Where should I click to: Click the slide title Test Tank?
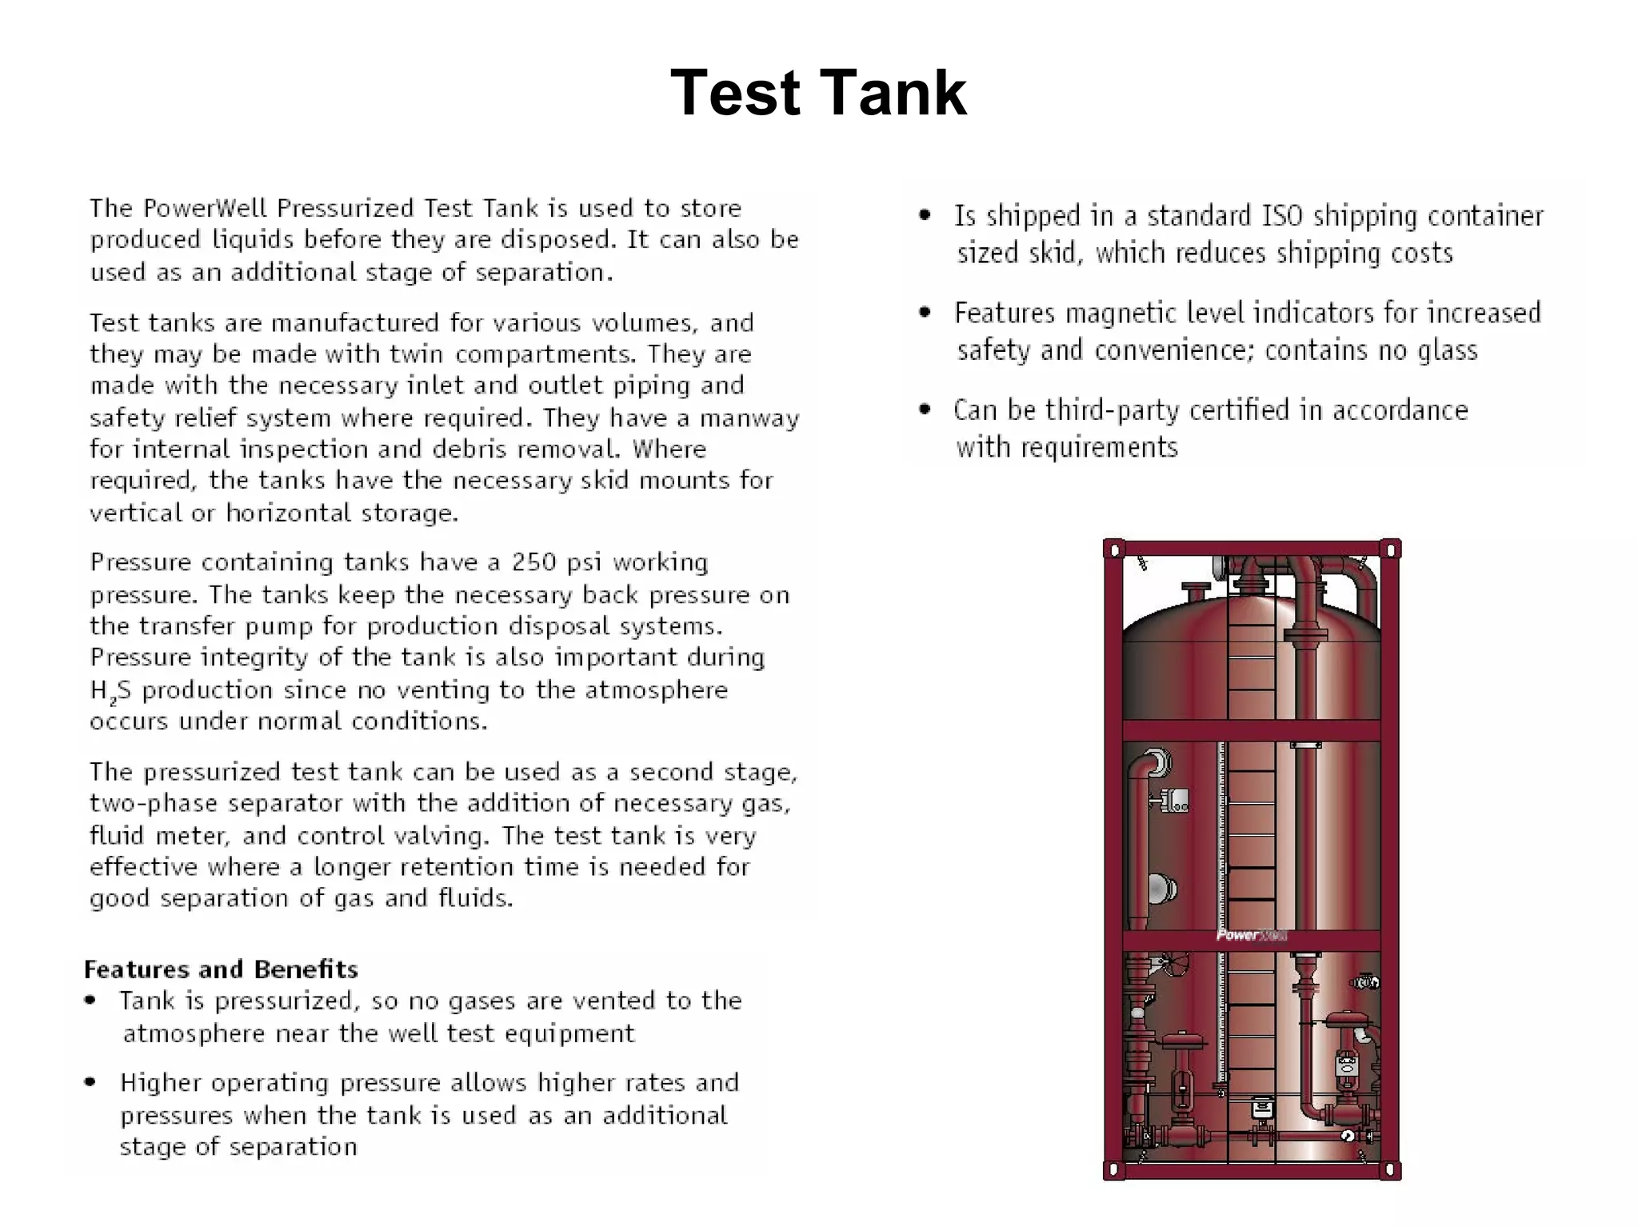tap(818, 93)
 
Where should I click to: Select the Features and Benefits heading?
tap(221, 969)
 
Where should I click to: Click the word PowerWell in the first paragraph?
tap(206, 208)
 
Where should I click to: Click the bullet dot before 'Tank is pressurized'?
tap(90, 1001)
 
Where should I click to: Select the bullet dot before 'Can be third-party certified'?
tap(925, 410)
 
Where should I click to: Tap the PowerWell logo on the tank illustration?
tap(1251, 934)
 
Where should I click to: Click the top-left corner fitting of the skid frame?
tap(1114, 550)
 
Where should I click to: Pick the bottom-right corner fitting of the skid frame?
tap(1390, 1170)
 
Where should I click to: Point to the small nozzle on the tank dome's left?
tap(1196, 593)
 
